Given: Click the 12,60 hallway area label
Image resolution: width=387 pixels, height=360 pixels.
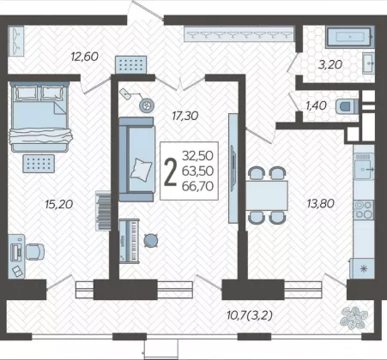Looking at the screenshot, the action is [x=85, y=57].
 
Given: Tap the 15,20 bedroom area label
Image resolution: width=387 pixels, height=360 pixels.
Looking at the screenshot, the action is [x=59, y=204].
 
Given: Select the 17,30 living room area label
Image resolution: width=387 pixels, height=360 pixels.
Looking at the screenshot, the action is [x=185, y=116].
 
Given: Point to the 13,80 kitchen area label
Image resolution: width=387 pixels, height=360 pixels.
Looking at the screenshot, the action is [x=320, y=203].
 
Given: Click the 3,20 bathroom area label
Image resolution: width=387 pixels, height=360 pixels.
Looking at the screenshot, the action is [x=330, y=64].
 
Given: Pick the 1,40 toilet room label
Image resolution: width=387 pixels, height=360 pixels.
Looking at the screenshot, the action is [x=316, y=105].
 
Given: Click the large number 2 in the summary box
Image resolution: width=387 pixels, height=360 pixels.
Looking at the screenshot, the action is [x=170, y=171].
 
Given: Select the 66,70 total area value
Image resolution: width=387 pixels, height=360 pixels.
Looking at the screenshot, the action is [x=198, y=186].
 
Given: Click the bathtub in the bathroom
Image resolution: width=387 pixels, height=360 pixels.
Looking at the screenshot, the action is [x=349, y=37].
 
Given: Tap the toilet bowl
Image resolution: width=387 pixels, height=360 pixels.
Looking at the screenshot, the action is [x=347, y=106].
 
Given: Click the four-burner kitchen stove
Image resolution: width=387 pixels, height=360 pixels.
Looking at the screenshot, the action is [x=363, y=210].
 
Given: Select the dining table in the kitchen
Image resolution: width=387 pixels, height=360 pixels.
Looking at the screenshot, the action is [x=267, y=195].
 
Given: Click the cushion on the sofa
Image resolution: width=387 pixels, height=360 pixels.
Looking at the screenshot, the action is [x=141, y=170].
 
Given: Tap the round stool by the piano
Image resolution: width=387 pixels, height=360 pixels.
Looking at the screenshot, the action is [x=150, y=240].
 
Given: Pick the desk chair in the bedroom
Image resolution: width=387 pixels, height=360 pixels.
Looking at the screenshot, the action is [x=35, y=252].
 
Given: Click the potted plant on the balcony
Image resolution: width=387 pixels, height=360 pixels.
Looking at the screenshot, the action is [x=354, y=317].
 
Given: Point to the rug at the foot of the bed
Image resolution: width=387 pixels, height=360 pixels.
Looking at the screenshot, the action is [x=39, y=164].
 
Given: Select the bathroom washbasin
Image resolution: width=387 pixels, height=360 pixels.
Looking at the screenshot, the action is [x=368, y=63].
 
